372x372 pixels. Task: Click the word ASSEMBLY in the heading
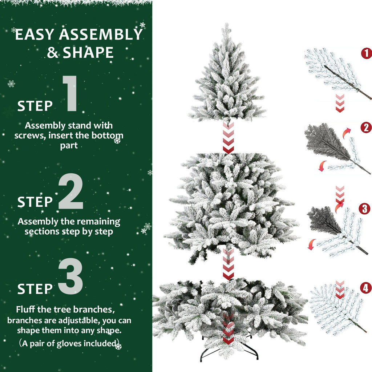click(101, 35)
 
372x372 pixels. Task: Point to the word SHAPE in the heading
click(89, 53)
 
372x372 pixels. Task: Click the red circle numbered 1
click(366, 53)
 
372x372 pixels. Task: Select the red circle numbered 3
click(364, 209)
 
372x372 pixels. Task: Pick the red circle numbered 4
click(366, 288)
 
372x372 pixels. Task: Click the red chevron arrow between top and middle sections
click(228, 138)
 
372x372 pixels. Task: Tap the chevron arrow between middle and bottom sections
click(228, 264)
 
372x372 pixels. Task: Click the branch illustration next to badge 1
click(334, 73)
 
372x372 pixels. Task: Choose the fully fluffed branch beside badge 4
click(336, 309)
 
